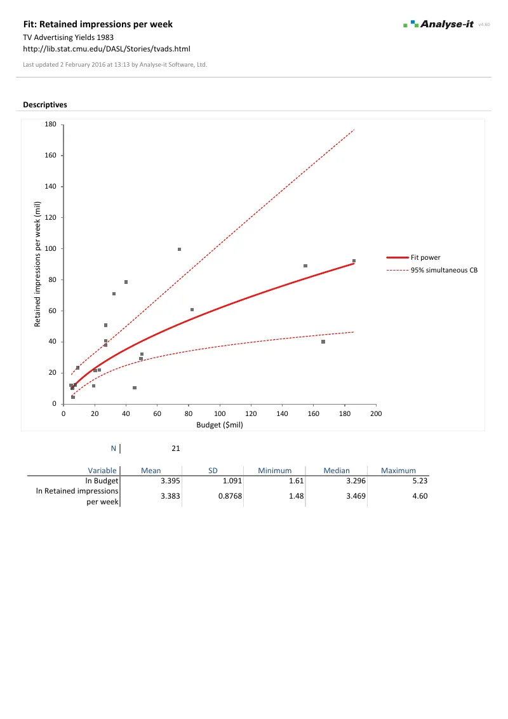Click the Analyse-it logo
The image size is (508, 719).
pos(438,24)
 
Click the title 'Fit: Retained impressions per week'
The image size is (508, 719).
pos(98,24)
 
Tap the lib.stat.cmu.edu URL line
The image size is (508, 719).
pos(107,48)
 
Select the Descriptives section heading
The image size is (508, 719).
pos(45,105)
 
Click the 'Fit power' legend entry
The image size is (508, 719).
pos(425,257)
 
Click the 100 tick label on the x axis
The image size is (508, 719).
pos(220,414)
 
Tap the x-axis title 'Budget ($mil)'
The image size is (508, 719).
pos(220,426)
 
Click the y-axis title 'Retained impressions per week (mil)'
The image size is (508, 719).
pos(38,264)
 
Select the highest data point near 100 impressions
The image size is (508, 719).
pos(180,250)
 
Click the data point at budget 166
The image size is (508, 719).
pos(323,342)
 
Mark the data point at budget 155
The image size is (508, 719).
pos(305,266)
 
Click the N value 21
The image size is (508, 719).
pos(175,448)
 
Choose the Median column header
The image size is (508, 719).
pos(337,471)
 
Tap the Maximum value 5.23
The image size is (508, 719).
pos(420,481)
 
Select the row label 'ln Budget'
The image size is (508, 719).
pos(102,481)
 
